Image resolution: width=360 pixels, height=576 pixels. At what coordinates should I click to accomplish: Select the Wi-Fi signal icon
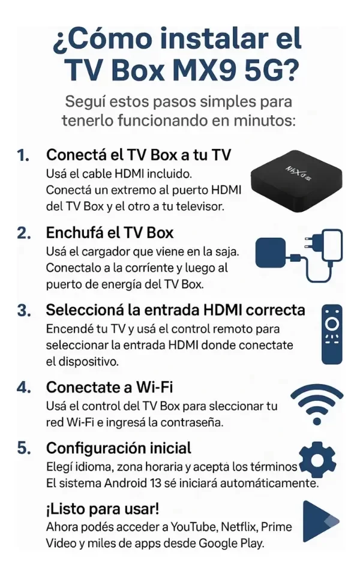click(x=317, y=404)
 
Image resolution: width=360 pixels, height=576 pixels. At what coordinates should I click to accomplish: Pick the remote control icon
click(x=332, y=334)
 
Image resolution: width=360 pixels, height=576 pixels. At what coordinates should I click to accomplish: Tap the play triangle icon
click(x=320, y=521)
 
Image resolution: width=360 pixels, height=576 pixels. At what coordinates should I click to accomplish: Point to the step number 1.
click(x=23, y=155)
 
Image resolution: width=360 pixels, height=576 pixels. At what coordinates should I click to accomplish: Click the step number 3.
click(x=24, y=310)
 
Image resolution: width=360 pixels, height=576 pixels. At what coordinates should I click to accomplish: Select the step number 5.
click(x=24, y=448)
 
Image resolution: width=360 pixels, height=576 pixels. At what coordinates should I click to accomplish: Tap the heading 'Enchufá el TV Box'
click(x=109, y=233)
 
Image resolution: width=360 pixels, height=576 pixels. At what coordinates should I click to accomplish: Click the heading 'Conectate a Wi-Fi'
click(x=109, y=387)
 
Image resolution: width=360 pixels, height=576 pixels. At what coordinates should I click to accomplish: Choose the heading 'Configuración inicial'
click(x=119, y=448)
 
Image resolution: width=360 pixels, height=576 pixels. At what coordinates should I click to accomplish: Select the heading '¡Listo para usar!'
click(x=103, y=509)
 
